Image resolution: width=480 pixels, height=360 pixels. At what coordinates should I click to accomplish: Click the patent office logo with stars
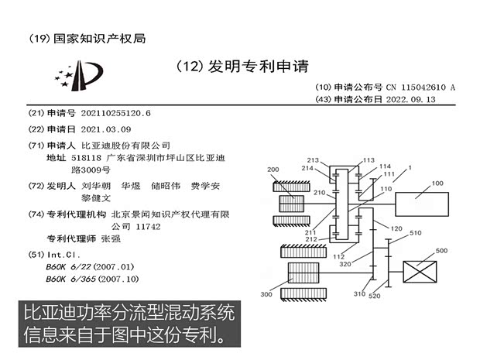pyautogui.click(x=79, y=76)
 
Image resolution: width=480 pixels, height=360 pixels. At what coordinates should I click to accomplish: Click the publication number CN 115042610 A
pyautogui.click(x=420, y=87)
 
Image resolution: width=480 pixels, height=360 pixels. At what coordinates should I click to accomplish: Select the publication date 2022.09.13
pyautogui.click(x=410, y=100)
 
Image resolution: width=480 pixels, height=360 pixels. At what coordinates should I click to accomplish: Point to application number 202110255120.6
pyautogui.click(x=115, y=113)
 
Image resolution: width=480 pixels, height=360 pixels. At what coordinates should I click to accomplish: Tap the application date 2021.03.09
pyautogui.click(x=106, y=129)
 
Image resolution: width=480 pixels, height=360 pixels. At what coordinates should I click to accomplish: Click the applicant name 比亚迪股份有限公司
pyautogui.click(x=126, y=146)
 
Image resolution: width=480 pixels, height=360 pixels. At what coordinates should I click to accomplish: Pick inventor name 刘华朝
pyautogui.click(x=96, y=186)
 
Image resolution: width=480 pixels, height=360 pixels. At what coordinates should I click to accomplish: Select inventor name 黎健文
pyautogui.click(x=96, y=198)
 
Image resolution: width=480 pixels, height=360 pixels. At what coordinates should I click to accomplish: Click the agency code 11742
pyautogui.click(x=148, y=227)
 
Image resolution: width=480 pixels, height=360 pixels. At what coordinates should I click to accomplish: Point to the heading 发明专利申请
pyautogui.click(x=259, y=67)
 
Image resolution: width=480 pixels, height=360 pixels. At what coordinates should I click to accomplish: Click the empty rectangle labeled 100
pyautogui.click(x=422, y=204)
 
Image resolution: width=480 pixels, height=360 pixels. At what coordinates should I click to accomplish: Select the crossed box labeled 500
pyautogui.click(x=420, y=272)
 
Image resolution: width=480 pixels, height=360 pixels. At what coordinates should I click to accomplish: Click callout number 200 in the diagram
pyautogui.click(x=273, y=170)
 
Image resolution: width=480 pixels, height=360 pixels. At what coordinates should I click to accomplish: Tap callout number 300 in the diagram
pyautogui.click(x=266, y=294)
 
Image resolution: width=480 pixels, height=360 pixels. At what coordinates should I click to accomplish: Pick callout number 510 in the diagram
pyautogui.click(x=416, y=233)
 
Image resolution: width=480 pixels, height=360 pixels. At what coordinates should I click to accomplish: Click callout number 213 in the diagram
pyautogui.click(x=313, y=160)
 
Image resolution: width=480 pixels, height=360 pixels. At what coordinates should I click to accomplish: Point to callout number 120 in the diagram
pyautogui.click(x=396, y=228)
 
